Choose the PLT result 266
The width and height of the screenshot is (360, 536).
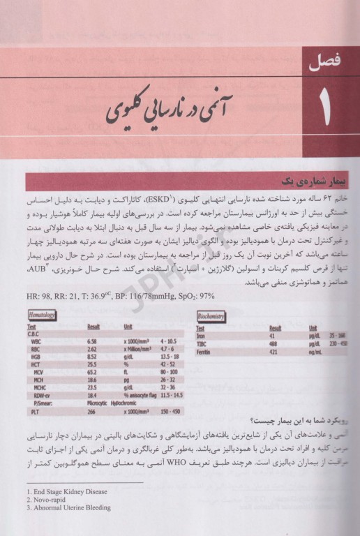tap(94, 412)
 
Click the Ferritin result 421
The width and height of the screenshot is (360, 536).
tap(273, 350)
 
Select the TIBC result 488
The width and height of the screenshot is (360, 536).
tap(274, 343)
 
